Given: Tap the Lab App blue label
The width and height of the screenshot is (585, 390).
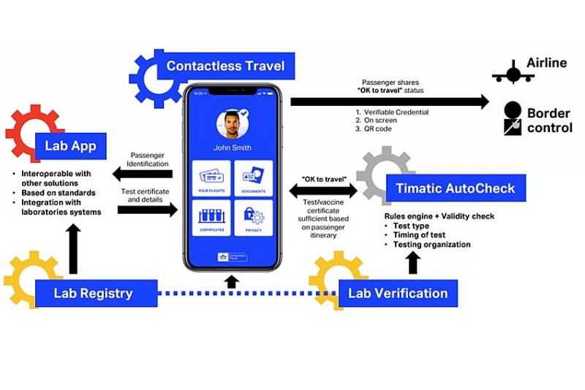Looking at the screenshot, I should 70,146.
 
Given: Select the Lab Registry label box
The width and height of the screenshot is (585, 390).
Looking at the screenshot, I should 93,294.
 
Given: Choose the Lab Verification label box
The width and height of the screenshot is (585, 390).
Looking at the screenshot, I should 397,293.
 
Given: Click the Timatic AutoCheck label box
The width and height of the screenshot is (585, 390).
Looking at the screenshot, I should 456,188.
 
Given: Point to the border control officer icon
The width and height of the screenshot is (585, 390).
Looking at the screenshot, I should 513,119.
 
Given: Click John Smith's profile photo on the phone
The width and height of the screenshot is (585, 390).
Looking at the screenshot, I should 232,124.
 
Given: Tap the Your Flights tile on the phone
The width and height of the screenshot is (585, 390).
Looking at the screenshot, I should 211,179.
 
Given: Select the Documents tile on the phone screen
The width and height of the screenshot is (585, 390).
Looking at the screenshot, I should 253,179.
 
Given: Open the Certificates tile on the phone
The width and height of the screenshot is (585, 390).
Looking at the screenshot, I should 211,218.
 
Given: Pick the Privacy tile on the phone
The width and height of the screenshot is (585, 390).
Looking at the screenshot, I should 253,218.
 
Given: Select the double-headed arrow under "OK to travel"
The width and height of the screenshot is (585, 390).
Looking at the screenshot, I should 323,191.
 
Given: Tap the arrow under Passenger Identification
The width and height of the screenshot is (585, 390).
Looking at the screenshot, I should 143,174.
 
